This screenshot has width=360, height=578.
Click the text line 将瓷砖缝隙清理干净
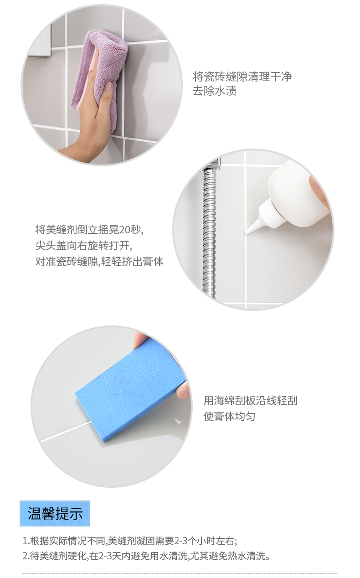(242, 77)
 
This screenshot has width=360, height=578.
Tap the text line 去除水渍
(215, 91)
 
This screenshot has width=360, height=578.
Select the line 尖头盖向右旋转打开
(84, 245)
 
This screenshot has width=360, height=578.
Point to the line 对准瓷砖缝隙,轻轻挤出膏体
(99, 261)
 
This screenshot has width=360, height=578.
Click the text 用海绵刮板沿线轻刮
(250, 401)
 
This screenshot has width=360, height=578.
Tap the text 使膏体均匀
(229, 417)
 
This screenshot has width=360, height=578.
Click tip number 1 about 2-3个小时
(130, 541)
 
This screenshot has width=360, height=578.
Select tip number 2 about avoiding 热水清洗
(146, 556)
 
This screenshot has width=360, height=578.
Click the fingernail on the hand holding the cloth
(108, 87)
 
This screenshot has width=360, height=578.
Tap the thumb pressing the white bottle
(319, 190)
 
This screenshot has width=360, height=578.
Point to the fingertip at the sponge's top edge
(141, 337)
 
